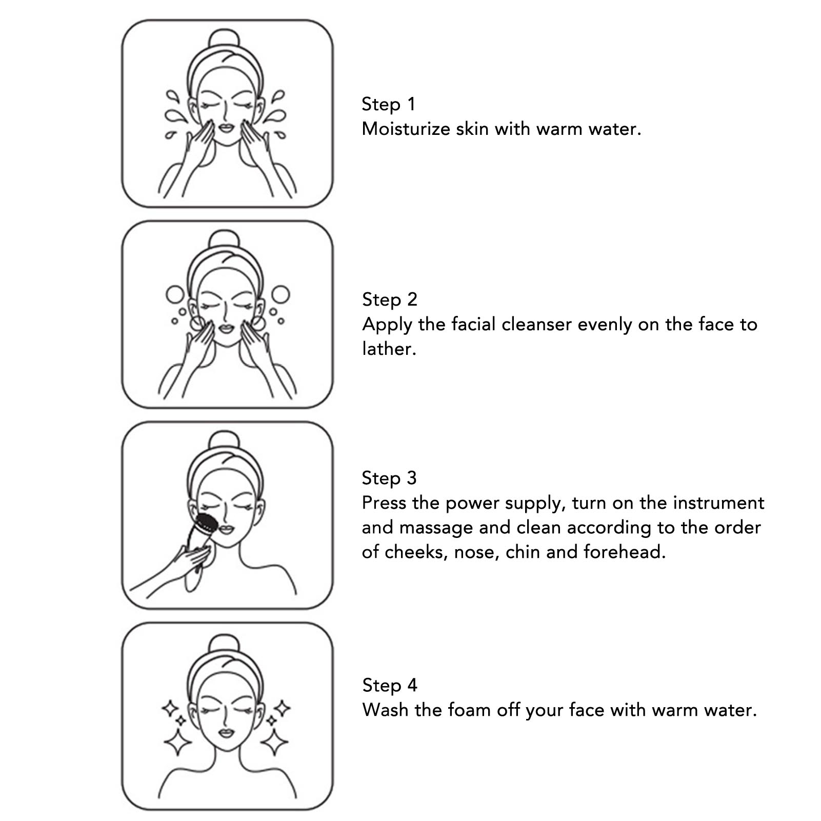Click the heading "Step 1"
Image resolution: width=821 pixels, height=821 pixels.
388,104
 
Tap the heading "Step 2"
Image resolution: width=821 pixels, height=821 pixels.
390,299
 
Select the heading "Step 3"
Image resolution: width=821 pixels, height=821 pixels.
389,478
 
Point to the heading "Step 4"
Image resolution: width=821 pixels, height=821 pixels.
390,685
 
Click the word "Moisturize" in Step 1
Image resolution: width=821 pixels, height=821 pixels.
406,129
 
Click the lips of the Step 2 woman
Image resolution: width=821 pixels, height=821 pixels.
226,328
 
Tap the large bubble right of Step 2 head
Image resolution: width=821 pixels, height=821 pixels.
280,294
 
